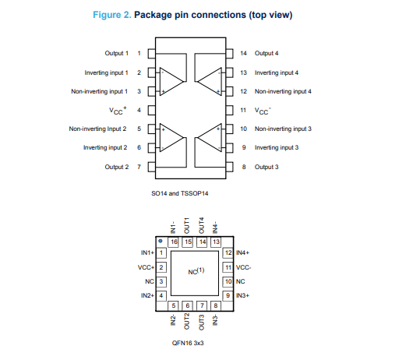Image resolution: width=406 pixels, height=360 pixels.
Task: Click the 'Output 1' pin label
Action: click(117, 53)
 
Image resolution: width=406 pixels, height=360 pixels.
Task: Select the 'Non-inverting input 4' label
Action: click(283, 91)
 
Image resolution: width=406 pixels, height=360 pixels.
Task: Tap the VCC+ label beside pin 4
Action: click(118, 111)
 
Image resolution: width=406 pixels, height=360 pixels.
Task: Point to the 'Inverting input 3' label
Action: click(277, 147)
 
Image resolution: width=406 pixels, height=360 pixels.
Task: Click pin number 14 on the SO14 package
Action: click(243, 53)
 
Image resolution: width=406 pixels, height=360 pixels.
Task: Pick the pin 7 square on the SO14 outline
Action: click(152, 167)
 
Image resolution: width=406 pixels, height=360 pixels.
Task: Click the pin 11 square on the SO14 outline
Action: click(229, 110)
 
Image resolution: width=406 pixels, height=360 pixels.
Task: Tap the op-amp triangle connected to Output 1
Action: click(171, 81)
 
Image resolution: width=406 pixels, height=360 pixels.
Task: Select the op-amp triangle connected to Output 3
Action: click(210, 137)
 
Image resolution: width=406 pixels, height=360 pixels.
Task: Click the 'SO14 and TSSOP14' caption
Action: click(180, 193)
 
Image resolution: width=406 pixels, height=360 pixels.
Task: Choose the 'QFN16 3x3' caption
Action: click(188, 343)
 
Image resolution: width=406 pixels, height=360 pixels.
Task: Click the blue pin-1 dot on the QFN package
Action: click(161, 241)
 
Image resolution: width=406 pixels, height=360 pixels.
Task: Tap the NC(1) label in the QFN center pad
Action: click(196, 271)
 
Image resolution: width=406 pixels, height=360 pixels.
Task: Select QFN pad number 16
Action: click(173, 242)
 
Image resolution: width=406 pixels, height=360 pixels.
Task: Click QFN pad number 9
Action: click(228, 295)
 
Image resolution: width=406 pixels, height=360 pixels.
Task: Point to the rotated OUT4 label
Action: click(202, 225)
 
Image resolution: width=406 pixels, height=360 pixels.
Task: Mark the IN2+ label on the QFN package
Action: click(147, 295)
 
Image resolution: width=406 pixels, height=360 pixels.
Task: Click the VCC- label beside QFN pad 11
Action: click(243, 267)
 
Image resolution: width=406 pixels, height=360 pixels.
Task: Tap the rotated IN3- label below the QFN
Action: click(215, 319)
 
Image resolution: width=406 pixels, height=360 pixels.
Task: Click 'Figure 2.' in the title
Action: click(112, 15)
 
